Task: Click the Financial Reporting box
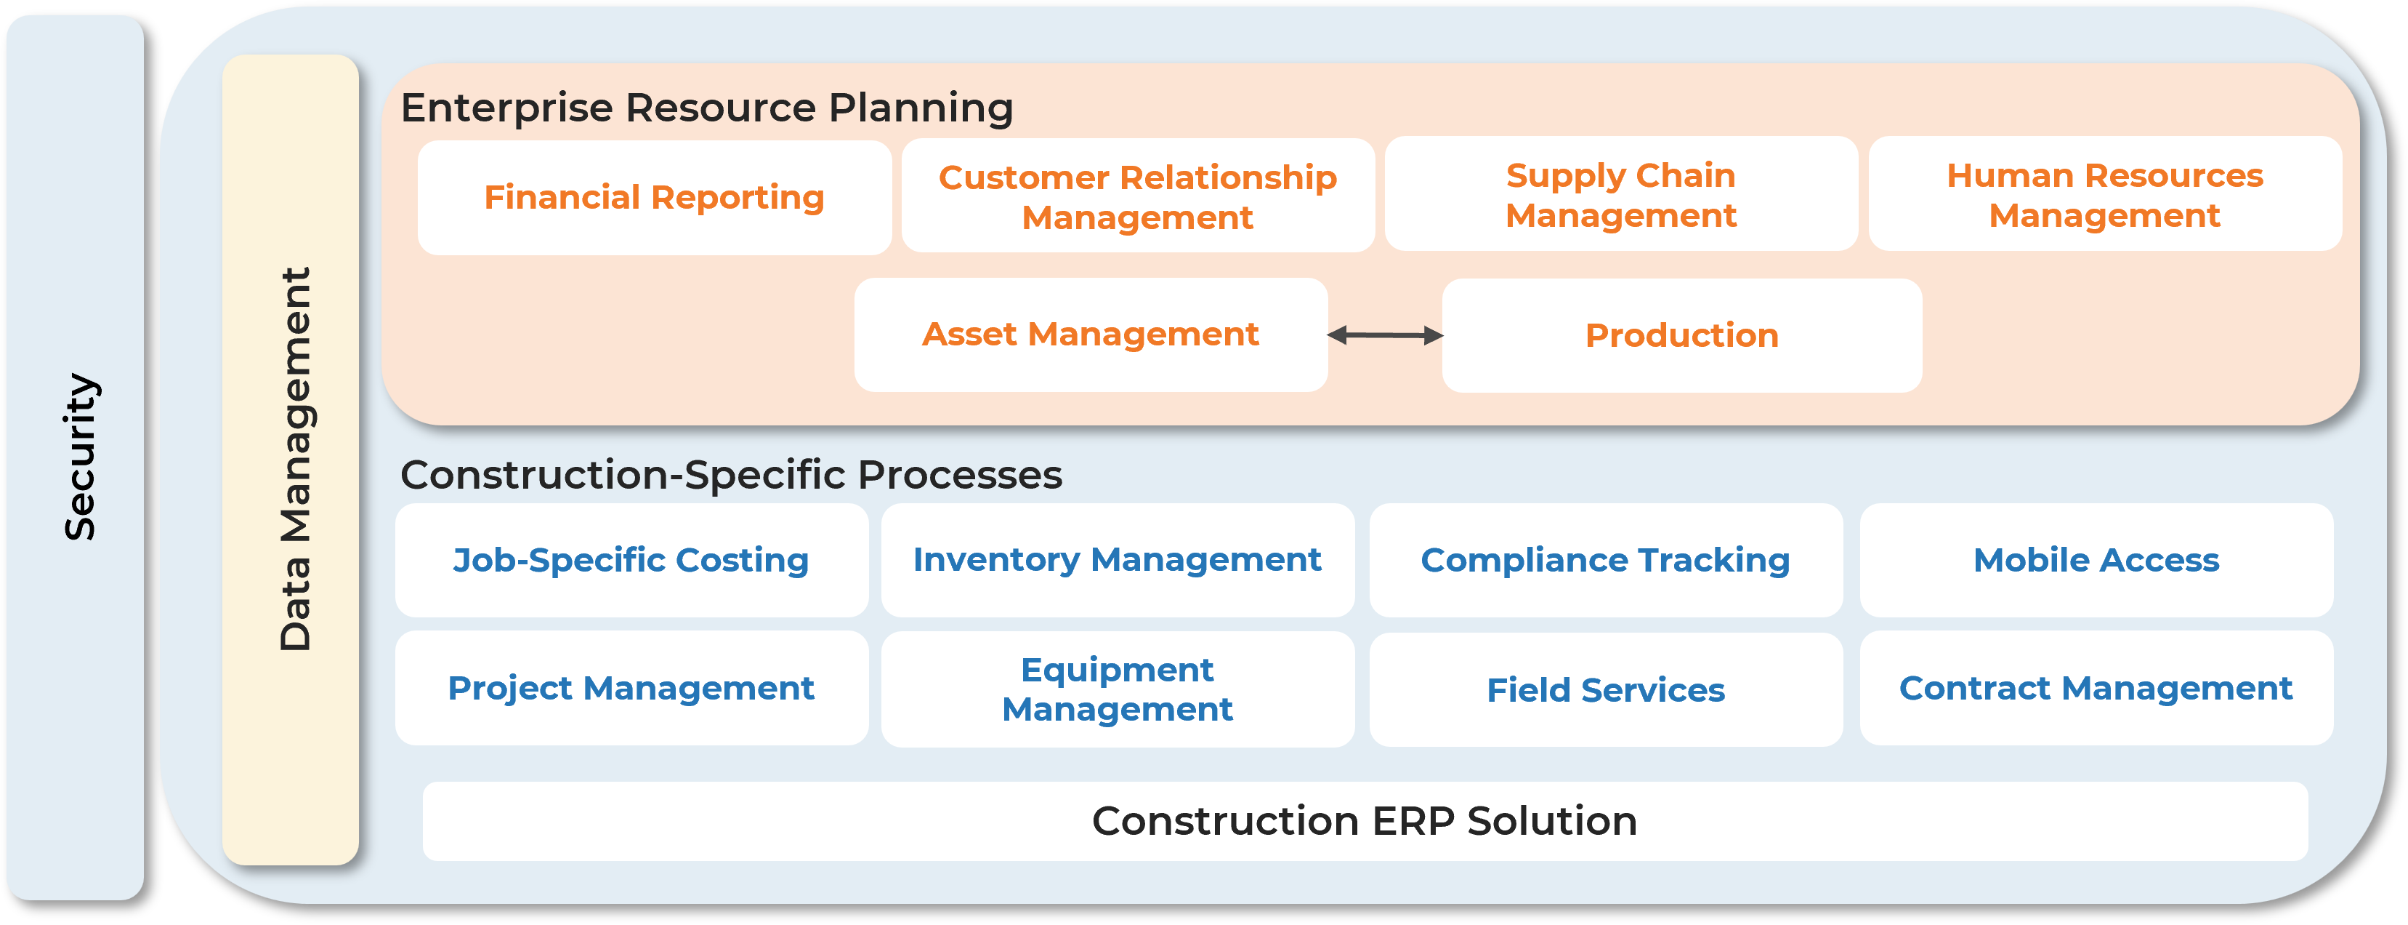tap(655, 197)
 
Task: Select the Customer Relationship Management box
tap(1138, 196)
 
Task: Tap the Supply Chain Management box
tap(1621, 195)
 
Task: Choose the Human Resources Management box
tap(2104, 195)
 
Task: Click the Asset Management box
tap(1090, 335)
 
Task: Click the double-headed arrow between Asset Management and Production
tap(1386, 335)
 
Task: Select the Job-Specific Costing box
tap(631, 560)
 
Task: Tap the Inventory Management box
tap(1117, 560)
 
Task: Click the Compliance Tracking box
tap(1605, 560)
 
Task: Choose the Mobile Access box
tap(2096, 560)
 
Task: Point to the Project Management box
tap(631, 689)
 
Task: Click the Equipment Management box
tap(1117, 689)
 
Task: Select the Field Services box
tap(1605, 690)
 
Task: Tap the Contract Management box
tap(2096, 689)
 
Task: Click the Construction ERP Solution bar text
tap(1364, 821)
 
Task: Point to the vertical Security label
tap(79, 457)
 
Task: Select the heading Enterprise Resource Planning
tap(707, 108)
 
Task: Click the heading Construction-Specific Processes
tap(731, 475)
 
